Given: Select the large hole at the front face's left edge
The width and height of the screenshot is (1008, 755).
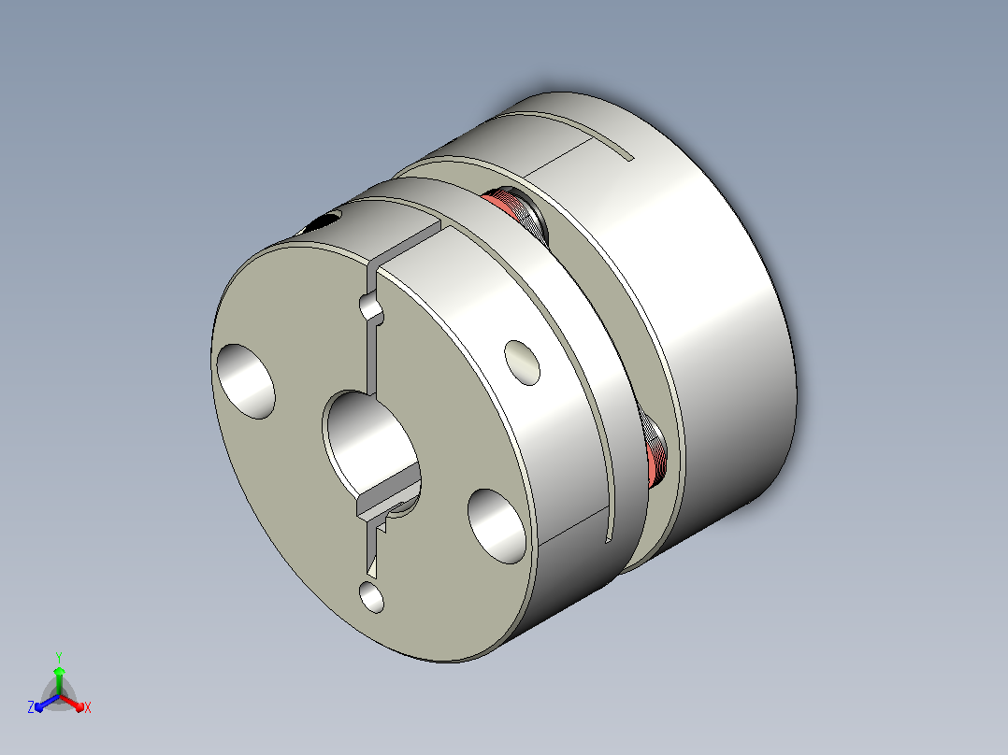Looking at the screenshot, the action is click(x=246, y=381).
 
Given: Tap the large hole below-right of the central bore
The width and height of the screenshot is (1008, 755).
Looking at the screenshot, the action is click(x=497, y=526).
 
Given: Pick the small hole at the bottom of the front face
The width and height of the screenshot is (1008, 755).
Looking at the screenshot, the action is click(x=371, y=597).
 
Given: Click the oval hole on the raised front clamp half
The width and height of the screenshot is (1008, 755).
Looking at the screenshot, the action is click(x=522, y=363).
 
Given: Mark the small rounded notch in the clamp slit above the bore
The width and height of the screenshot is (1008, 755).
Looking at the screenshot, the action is click(x=372, y=308).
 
